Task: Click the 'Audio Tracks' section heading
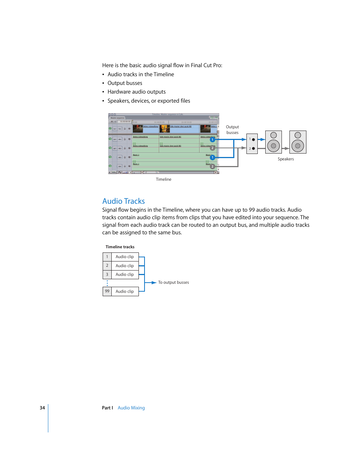tap(123, 201)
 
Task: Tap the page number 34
tap(42, 408)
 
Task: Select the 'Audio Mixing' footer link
tap(131, 408)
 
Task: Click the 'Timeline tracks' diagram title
tap(120, 247)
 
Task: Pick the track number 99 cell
tap(107, 291)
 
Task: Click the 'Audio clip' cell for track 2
tap(125, 266)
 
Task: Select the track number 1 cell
tap(107, 257)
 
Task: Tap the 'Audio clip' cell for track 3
tap(125, 275)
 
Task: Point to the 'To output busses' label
tap(173, 283)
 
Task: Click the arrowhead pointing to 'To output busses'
tap(154, 283)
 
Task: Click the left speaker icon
tap(274, 142)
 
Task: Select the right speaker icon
tap(298, 142)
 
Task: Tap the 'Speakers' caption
tap(286, 159)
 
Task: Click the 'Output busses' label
tap(232, 130)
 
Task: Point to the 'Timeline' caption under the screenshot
tap(163, 180)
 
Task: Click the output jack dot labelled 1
tap(253, 140)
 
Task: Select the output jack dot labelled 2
tap(253, 149)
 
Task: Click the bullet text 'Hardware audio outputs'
tap(136, 92)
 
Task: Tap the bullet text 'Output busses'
tap(125, 83)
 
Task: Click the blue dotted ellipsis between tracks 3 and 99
tap(107, 283)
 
